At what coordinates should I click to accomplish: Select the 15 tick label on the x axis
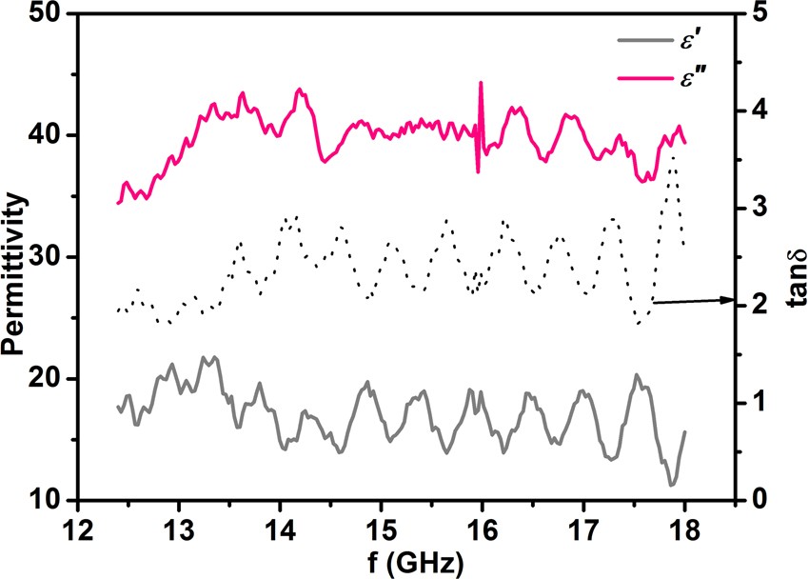click(381, 529)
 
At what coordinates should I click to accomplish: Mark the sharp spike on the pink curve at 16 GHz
click(481, 84)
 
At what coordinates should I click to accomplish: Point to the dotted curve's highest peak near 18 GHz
click(673, 154)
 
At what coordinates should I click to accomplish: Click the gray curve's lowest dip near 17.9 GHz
click(672, 485)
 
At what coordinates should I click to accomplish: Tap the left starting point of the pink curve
click(118, 202)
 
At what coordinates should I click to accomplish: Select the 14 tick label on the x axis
click(279, 529)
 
